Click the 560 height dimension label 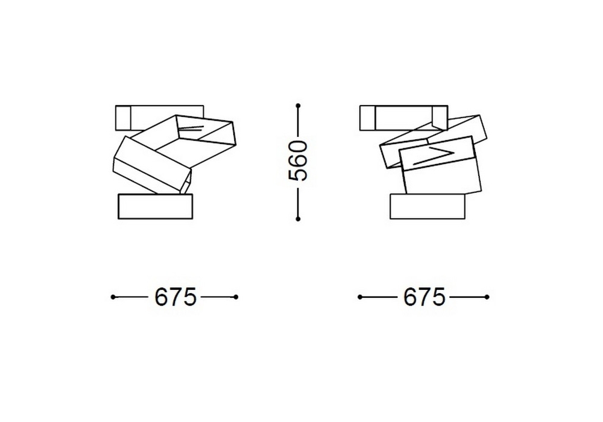pyautogui.click(x=298, y=161)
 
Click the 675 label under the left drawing pyautogui.click(x=175, y=297)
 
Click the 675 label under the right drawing pyautogui.click(x=424, y=297)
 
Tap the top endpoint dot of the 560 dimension pyautogui.click(x=298, y=106)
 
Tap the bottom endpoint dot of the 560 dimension pyautogui.click(x=298, y=219)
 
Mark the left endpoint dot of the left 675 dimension pyautogui.click(x=114, y=297)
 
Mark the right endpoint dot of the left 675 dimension pyautogui.click(x=236, y=297)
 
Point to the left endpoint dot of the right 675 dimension pyautogui.click(x=360, y=297)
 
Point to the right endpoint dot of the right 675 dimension pyautogui.click(x=487, y=297)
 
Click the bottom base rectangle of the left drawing pyautogui.click(x=156, y=207)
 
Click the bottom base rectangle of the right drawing pyautogui.click(x=428, y=207)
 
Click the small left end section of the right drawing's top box pyautogui.click(x=368, y=117)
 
